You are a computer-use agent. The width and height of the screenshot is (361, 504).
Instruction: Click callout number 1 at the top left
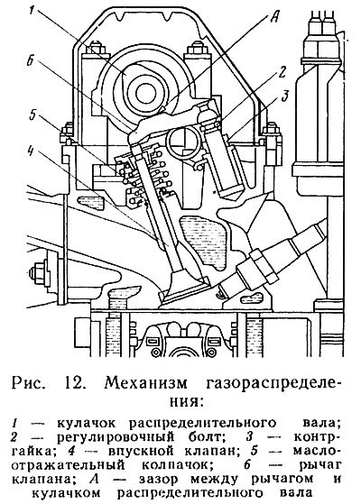[x=32, y=11]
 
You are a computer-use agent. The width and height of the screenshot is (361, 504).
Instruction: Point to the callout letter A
[x=273, y=16]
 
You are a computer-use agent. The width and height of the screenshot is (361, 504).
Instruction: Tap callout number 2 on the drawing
[x=282, y=73]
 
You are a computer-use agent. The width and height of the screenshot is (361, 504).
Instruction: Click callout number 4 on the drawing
[x=33, y=115]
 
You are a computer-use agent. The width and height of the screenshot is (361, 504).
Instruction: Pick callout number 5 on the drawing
[x=31, y=62]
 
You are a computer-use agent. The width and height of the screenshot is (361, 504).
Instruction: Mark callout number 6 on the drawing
[x=31, y=151]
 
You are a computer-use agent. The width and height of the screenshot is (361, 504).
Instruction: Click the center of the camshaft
[x=145, y=93]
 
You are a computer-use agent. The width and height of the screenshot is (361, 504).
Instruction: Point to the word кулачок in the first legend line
[x=87, y=423]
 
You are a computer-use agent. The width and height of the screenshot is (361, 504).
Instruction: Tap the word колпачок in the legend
[x=174, y=465]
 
